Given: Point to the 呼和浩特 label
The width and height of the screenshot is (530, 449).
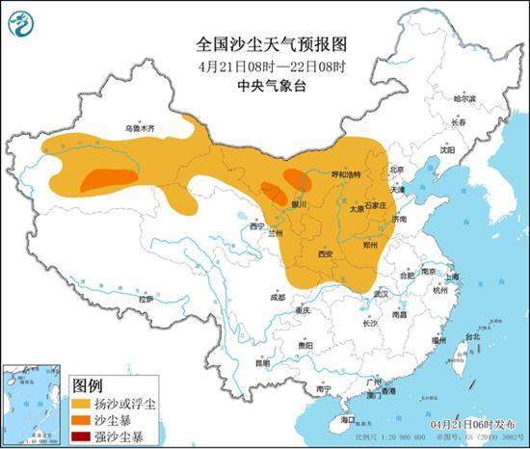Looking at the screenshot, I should click(x=345, y=174).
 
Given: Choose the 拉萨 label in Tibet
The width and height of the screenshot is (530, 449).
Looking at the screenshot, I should click(x=146, y=300).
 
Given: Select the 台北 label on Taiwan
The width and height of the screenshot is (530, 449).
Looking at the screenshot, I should click(x=472, y=337).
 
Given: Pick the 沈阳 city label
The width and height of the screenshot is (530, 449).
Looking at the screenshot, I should click(x=446, y=150).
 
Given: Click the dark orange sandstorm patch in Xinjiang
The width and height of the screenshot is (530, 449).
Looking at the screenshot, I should click(x=109, y=178).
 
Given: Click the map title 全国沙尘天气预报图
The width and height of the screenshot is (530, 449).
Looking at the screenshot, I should click(x=264, y=44).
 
